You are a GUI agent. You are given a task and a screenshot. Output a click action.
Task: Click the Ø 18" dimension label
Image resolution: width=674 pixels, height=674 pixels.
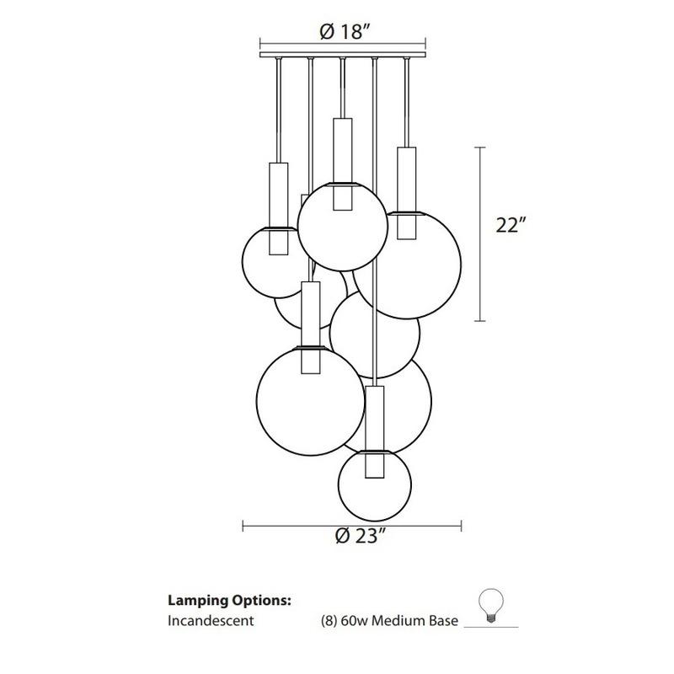345,33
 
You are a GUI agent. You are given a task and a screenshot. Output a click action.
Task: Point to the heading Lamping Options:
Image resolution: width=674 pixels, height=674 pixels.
230,602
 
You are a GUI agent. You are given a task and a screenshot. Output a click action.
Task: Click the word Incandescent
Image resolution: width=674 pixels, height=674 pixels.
211,622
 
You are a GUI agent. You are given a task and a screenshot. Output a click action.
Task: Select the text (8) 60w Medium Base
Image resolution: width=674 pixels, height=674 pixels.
389,622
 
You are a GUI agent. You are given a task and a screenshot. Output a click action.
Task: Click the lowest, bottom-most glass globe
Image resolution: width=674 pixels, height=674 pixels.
375,484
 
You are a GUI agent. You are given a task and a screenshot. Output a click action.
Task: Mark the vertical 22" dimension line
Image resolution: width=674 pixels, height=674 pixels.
480,234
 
